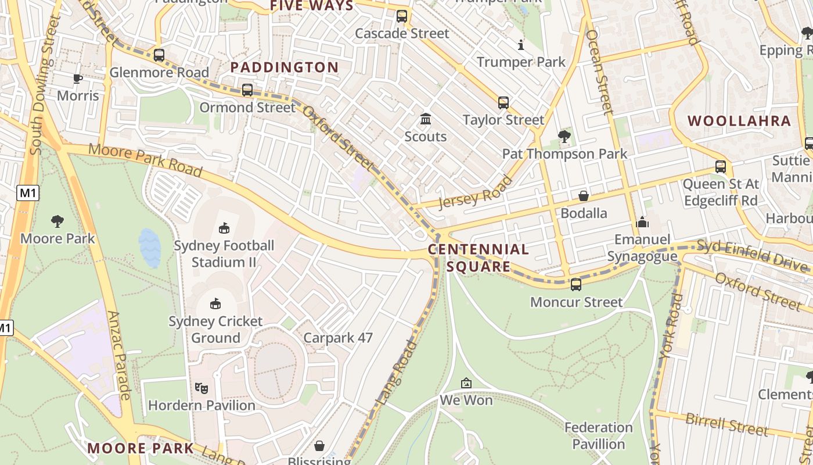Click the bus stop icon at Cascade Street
[402, 16]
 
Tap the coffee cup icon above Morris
[77, 78]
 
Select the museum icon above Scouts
[426, 119]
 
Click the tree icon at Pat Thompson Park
[564, 137]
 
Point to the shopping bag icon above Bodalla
[584, 196]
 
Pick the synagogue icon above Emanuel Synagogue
[642, 222]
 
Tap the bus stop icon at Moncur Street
[576, 285]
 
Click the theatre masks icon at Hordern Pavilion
[202, 388]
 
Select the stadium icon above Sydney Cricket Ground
[215, 303]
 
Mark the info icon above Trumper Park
[521, 45]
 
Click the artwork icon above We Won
[466, 383]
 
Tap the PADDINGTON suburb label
[285, 67]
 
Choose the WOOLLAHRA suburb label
[739, 121]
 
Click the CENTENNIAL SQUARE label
[479, 258]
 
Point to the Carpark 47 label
[338, 338]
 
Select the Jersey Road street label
[475, 192]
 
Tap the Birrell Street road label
[727, 424]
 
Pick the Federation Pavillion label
[599, 436]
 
